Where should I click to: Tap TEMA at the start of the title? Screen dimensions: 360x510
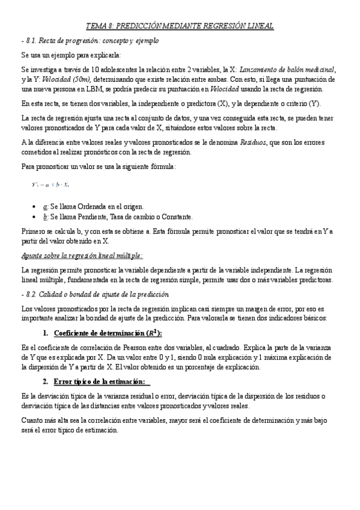coord(96,26)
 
